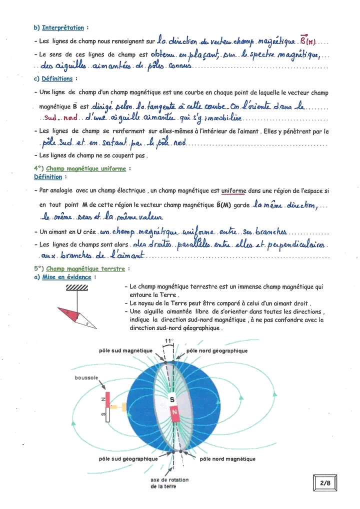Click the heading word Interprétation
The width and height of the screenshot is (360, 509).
63,27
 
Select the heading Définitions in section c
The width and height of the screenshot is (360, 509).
57,79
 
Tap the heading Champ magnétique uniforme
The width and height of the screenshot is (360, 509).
86,168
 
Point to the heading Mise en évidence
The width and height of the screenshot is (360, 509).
66,277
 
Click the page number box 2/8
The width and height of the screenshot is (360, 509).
325,483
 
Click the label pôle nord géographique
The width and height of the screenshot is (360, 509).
216,351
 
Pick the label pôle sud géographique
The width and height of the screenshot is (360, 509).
128,458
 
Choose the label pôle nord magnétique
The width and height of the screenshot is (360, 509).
227,458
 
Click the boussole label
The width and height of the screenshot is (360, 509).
86,378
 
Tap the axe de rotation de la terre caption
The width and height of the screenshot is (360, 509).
169,483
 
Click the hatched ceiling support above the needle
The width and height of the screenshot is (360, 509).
77,287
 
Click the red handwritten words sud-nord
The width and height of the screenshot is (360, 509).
57,118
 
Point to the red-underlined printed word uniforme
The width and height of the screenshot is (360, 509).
233,190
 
